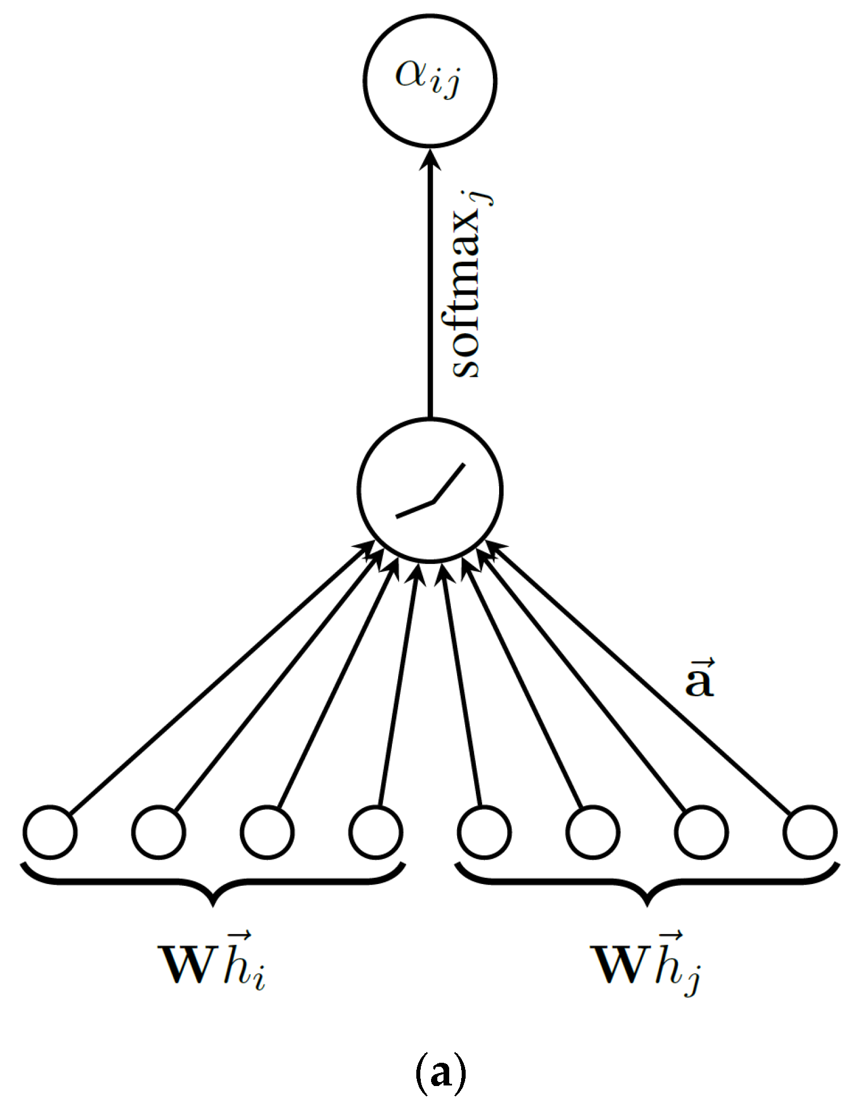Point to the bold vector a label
coord(699,679)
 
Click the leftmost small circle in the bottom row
coord(50,832)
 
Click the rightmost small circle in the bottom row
coord(809,832)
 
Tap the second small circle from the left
coord(159,832)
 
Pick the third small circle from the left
coord(267,832)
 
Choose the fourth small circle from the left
coord(376,832)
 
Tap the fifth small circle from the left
coord(484,832)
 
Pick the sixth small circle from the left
coord(593,832)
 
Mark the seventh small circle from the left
coord(702,832)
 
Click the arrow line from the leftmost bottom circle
coord(216,678)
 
